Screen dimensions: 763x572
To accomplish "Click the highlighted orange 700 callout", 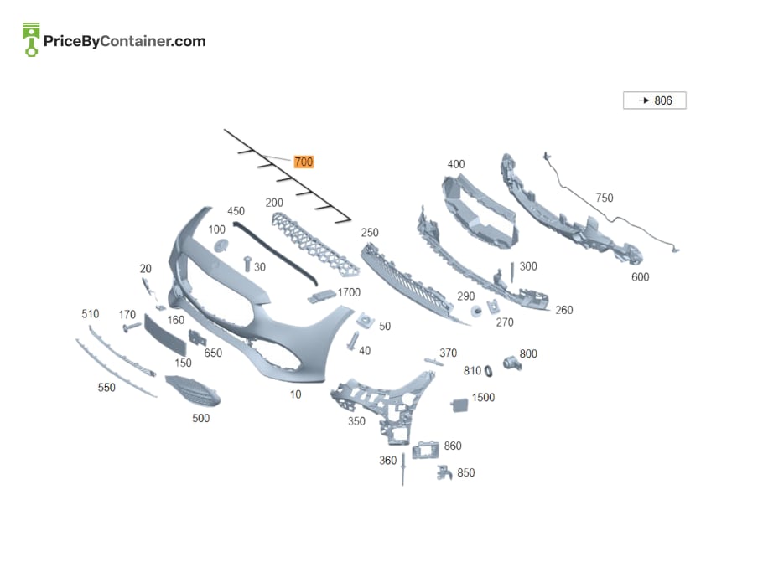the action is (304, 162).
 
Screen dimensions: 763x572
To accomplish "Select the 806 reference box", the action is (655, 100).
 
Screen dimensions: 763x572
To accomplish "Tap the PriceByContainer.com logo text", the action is (125, 41).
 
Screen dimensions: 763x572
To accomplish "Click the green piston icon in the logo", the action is (31, 39).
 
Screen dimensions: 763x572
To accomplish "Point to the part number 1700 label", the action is (349, 292).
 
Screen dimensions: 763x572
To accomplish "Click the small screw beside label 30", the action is (247, 264).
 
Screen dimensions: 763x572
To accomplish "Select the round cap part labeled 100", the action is (221, 245).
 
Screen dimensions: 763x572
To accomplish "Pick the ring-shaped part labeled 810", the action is (488, 372).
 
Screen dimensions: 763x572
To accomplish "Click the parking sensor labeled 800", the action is (512, 363).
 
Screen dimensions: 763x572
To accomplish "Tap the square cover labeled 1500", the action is (459, 405).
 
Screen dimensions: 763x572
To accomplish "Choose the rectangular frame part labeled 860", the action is (425, 450).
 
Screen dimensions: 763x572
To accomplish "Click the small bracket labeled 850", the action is (444, 472).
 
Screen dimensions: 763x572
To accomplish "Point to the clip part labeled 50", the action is (366, 320).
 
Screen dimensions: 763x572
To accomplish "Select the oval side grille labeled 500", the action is (193, 391).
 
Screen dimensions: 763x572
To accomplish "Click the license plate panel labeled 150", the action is (165, 335).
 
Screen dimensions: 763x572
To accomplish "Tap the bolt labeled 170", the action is (132, 327).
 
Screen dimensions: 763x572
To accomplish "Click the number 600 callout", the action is (640, 277).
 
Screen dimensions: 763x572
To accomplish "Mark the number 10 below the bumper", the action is (296, 394).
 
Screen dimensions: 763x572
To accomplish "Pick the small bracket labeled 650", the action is (196, 337).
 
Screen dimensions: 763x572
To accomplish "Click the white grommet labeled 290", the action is (476, 311).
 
